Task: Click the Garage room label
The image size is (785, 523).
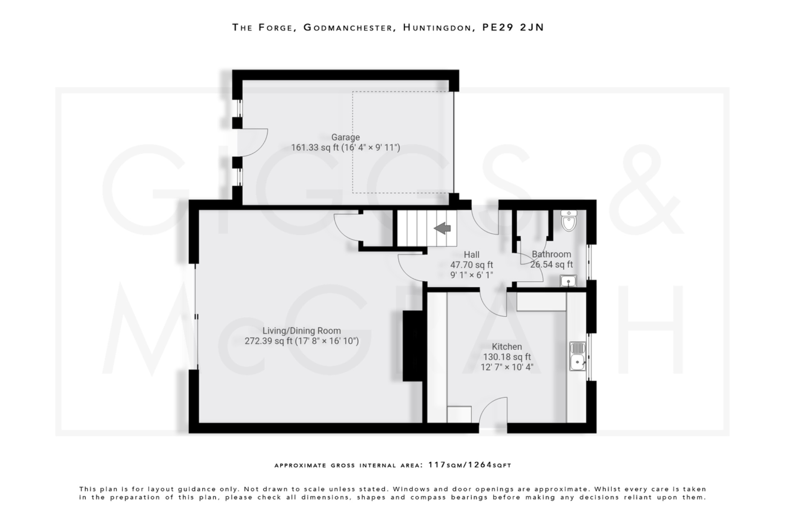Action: click(345, 137)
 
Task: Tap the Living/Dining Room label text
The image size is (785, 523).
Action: click(301, 331)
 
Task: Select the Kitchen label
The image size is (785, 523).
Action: click(507, 347)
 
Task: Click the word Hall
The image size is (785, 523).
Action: click(471, 255)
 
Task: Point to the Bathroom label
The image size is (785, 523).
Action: click(551, 254)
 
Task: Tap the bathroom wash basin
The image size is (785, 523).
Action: click(568, 281)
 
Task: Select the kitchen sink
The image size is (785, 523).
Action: click(577, 356)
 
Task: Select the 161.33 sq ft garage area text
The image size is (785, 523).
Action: click(315, 148)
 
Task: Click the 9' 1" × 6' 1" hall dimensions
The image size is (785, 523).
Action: click(471, 275)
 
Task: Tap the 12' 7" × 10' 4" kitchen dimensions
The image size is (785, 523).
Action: click(507, 367)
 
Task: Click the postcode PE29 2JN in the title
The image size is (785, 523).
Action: click(513, 28)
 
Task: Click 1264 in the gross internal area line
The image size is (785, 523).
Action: click(480, 465)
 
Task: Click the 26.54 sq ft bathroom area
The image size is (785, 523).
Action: click(551, 264)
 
